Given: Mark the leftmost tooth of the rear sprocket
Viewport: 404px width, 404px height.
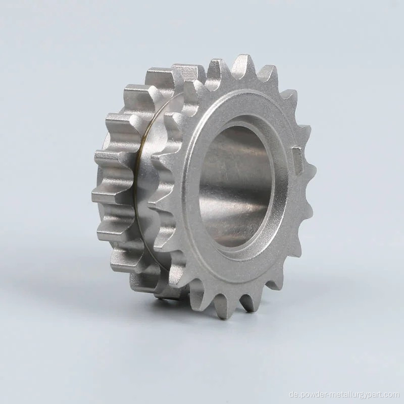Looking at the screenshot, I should (100, 195).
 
